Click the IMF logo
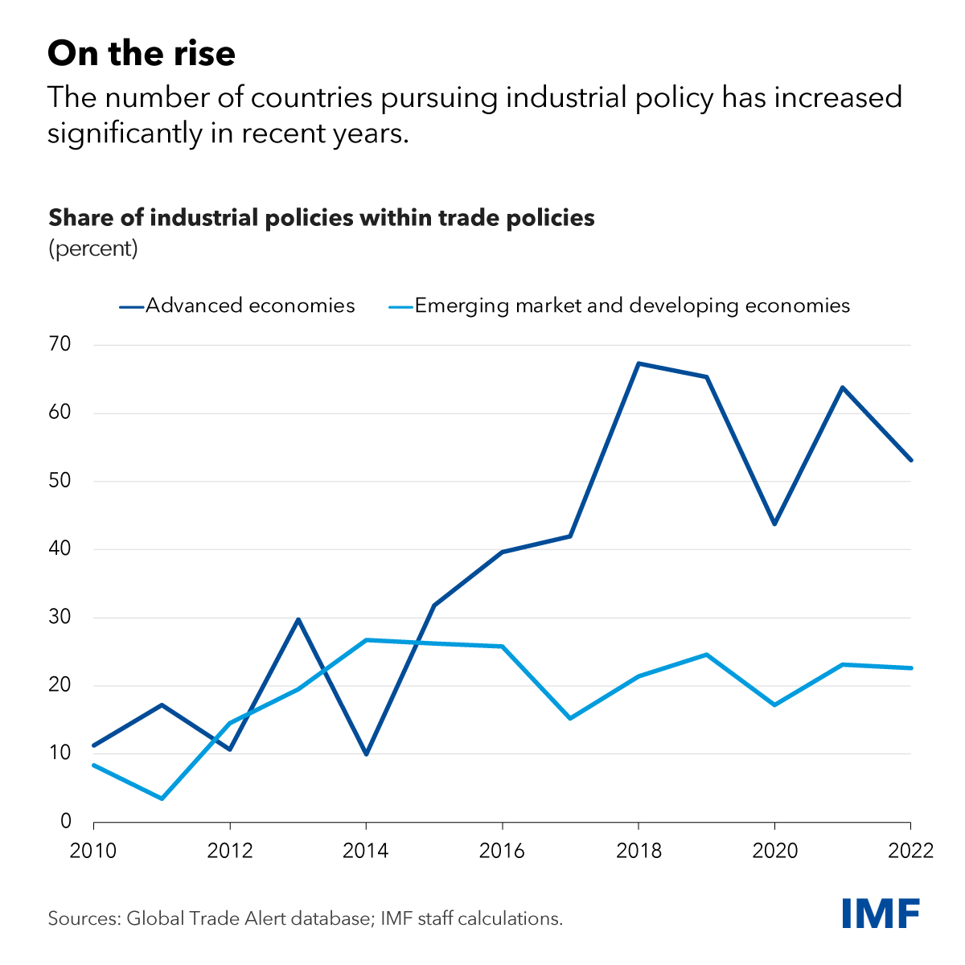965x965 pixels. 881,913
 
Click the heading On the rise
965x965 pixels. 142,54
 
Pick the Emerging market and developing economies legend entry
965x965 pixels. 632,306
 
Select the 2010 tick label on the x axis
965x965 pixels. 94,850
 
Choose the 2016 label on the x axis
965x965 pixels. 502,850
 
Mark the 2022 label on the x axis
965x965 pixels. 910,850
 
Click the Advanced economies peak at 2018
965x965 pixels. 638,363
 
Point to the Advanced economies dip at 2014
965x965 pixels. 366,754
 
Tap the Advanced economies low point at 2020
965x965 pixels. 774,524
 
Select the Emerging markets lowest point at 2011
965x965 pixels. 162,799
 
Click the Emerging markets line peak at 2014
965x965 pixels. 366,640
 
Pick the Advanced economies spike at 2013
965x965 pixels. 298,619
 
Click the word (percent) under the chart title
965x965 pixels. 93,248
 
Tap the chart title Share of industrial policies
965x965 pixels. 322,218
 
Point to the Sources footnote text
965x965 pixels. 306,918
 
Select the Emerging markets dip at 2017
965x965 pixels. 570,718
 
